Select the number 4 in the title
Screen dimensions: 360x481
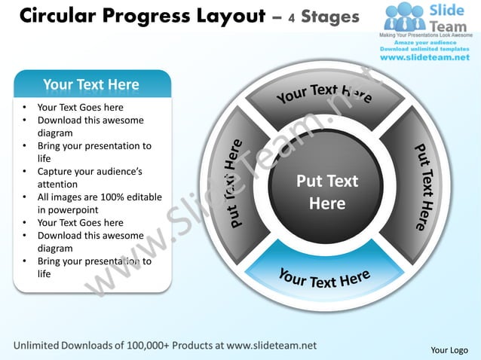(x=290, y=17)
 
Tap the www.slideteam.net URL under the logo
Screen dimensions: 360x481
(x=424, y=57)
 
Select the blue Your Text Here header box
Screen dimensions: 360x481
(x=91, y=84)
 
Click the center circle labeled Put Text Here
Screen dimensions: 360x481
(x=327, y=192)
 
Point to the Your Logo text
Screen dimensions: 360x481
(x=449, y=349)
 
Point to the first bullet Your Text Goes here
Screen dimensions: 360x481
(x=80, y=108)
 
